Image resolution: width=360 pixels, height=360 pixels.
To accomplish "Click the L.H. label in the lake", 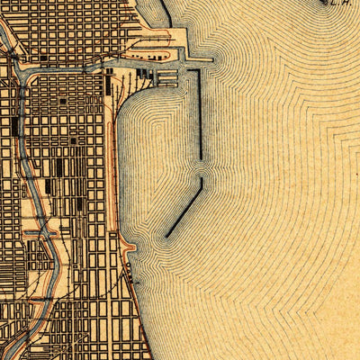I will (x=341, y=4).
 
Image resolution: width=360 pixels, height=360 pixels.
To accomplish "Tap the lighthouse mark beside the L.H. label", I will (x=326, y=2).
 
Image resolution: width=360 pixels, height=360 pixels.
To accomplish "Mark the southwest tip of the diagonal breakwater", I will (x=166, y=237).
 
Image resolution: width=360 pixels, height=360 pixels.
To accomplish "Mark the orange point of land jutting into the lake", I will (x=129, y=247).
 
